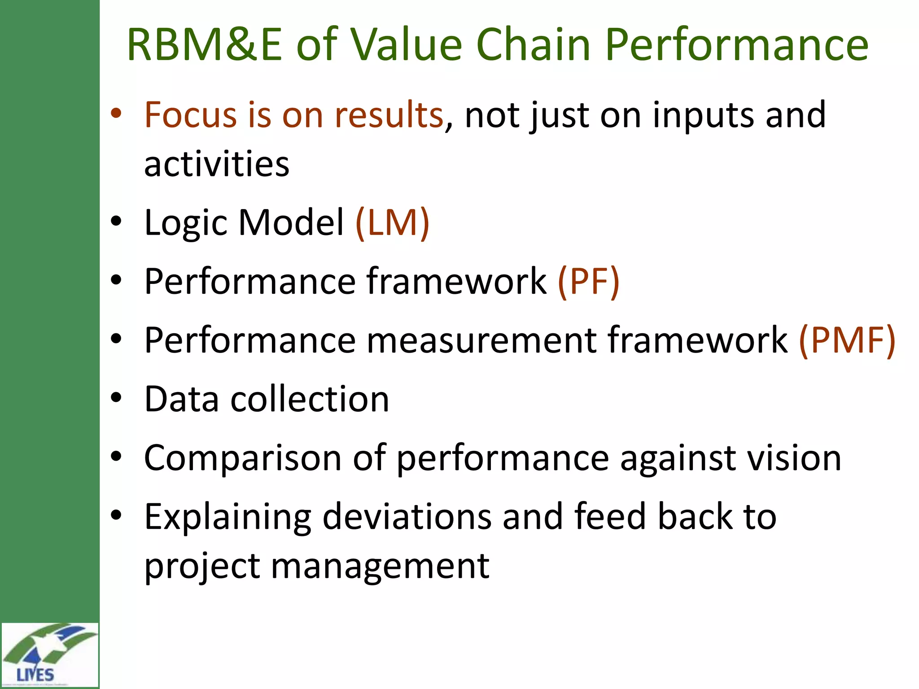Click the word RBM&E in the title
click(x=204, y=45)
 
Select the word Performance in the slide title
click(x=736, y=45)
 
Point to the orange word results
click(x=389, y=115)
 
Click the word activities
click(x=217, y=164)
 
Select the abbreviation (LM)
click(x=392, y=222)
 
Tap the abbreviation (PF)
click(x=588, y=281)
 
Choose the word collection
click(x=310, y=399)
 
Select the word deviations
click(x=407, y=517)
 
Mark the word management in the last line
click(x=380, y=566)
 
